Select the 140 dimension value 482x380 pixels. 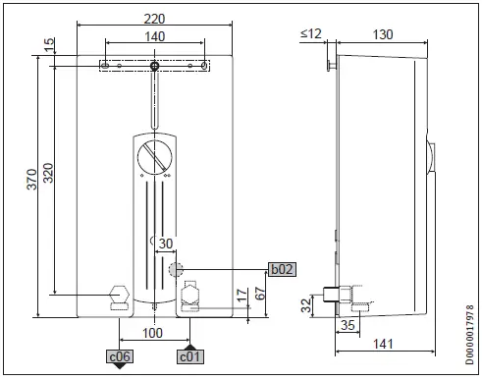(154, 35)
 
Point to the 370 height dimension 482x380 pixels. (31, 179)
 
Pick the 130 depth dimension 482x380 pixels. (383, 33)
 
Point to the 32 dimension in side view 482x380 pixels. (303, 304)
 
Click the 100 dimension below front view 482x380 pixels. (154, 333)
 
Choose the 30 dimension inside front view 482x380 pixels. (165, 244)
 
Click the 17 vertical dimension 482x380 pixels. (241, 295)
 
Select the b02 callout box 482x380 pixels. (283, 268)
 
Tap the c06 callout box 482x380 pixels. (120, 355)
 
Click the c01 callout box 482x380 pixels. (189, 355)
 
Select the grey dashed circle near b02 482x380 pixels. (176, 269)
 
